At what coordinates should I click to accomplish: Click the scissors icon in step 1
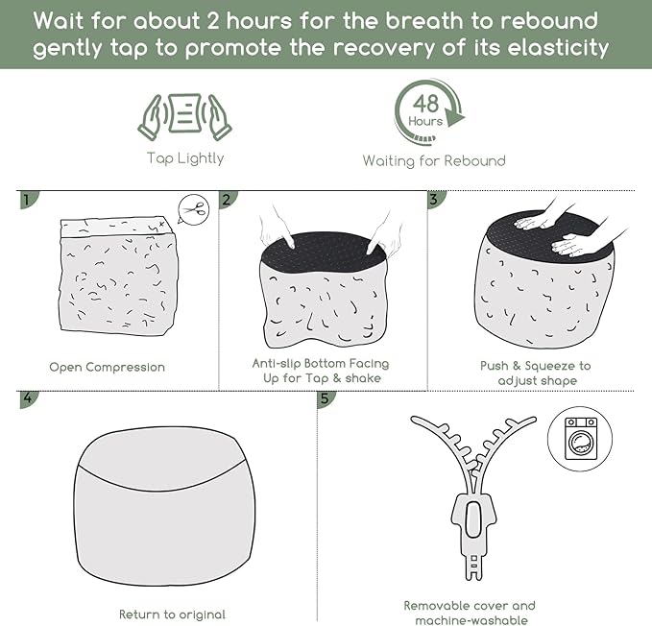coord(194,209)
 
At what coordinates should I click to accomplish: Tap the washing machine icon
coord(581,439)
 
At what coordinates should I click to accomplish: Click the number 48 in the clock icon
coord(425,104)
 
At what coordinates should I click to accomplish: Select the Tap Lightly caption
coord(185,158)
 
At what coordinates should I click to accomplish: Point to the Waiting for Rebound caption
coord(434,161)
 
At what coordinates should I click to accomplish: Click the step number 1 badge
coord(28,200)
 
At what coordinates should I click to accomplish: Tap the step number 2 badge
coord(228,200)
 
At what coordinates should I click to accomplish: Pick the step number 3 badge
coord(435,200)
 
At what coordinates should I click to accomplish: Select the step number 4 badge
coord(28,399)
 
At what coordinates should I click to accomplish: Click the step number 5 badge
coord(326,399)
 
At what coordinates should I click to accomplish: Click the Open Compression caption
coord(107,367)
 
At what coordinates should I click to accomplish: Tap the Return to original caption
coord(172,614)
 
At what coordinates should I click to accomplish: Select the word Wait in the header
coord(59,21)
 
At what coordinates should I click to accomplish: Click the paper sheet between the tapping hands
coord(185,113)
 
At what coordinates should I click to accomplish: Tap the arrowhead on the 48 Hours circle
coord(454,115)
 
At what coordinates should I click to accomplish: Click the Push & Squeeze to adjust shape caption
coord(536,373)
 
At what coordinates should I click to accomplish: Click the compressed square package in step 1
coord(118,276)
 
